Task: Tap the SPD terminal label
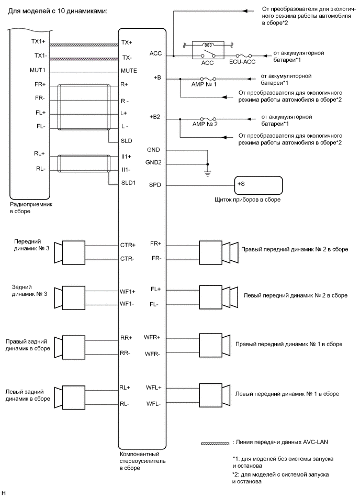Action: tap(155, 185)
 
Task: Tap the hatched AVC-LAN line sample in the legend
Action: tap(215, 443)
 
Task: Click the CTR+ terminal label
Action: tap(128, 245)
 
